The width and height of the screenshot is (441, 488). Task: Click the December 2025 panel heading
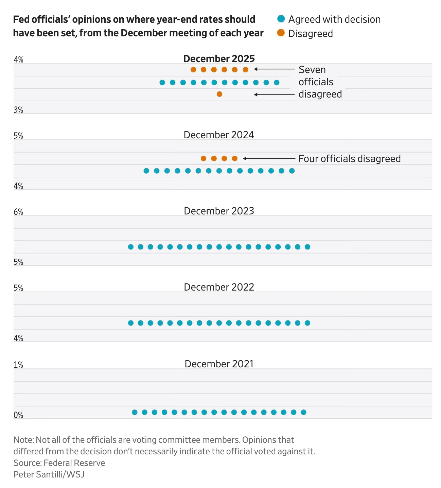point(219,59)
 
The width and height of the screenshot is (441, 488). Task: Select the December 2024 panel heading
point(219,135)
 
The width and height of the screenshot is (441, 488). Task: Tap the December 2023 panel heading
point(219,211)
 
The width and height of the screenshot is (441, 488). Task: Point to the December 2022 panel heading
point(219,287)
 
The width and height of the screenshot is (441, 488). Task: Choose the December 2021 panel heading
point(219,364)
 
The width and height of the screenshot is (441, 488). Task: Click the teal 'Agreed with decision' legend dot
point(281,19)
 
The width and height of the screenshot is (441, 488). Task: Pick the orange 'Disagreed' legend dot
point(281,33)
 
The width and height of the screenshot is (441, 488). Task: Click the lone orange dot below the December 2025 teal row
point(219,94)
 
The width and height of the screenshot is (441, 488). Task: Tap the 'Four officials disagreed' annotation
point(349,159)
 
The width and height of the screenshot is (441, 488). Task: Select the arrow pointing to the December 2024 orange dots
point(269,158)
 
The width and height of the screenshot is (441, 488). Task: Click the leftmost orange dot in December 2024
point(204,158)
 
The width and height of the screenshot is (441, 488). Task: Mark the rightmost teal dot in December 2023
point(307,247)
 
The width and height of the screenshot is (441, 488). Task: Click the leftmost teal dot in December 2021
point(135,412)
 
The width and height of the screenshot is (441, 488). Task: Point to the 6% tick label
point(18,212)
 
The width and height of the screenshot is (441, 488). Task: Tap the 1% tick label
point(18,365)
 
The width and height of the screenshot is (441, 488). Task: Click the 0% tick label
point(18,415)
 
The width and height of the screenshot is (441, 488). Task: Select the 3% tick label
point(18,110)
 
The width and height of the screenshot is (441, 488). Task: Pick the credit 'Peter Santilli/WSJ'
point(49,474)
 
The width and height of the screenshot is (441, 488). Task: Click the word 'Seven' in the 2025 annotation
point(312,70)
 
